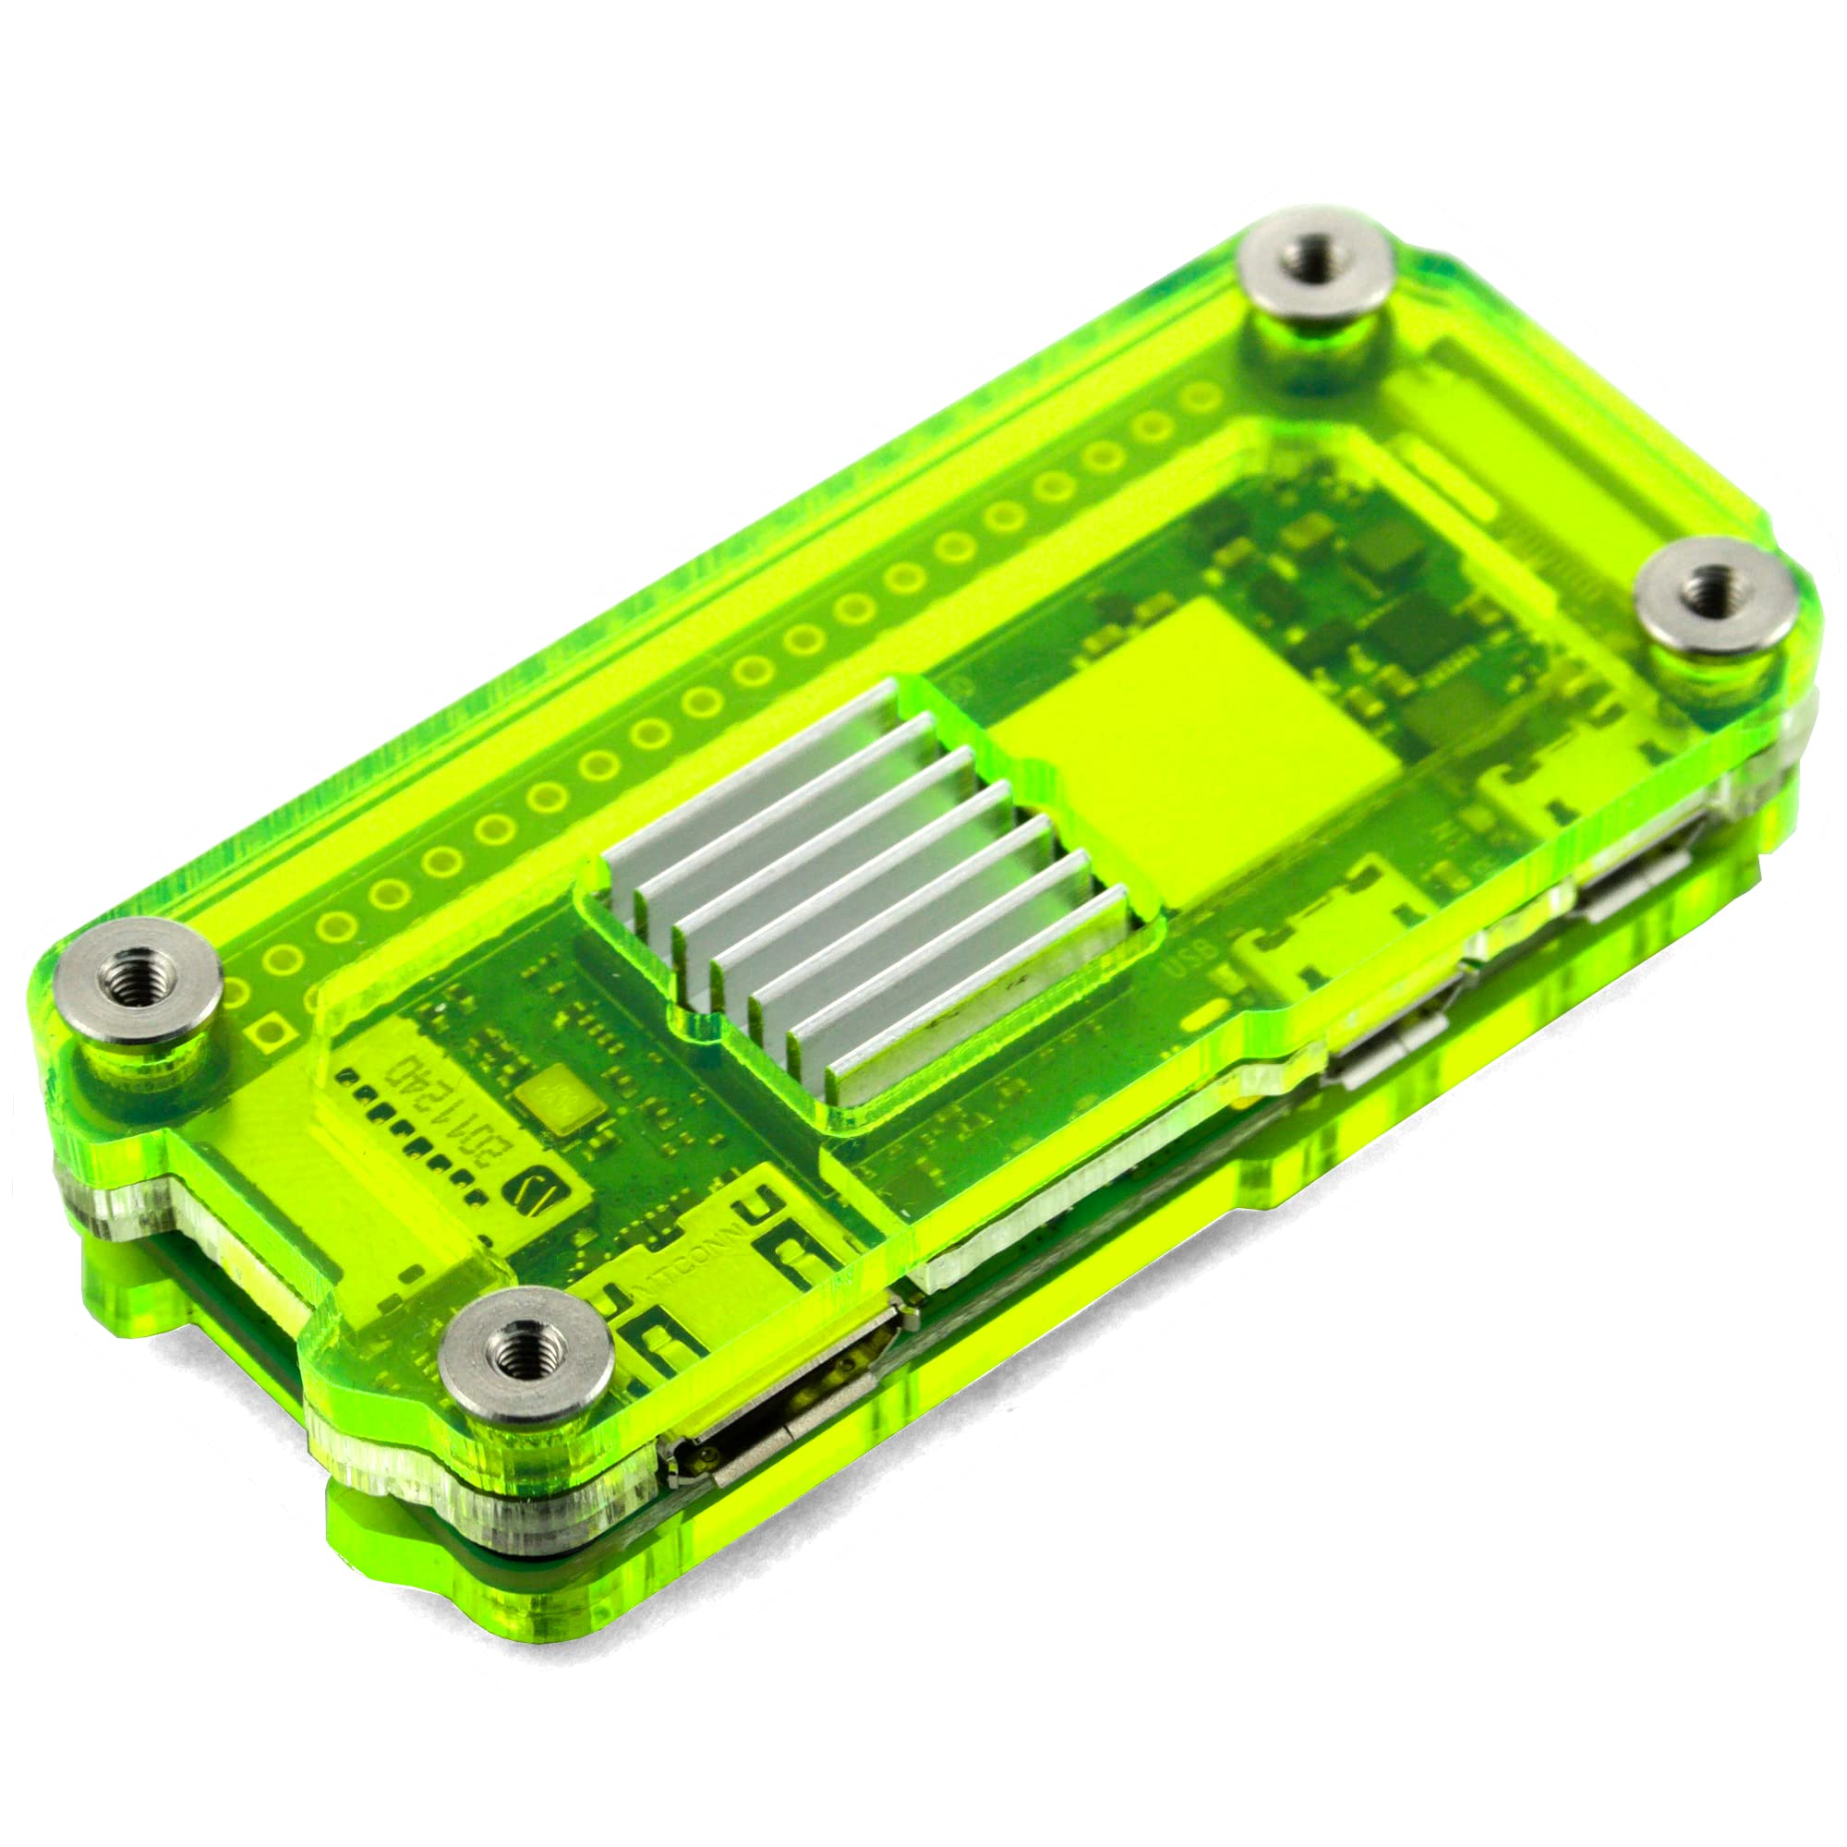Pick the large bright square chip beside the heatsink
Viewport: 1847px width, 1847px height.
point(1186,755)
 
